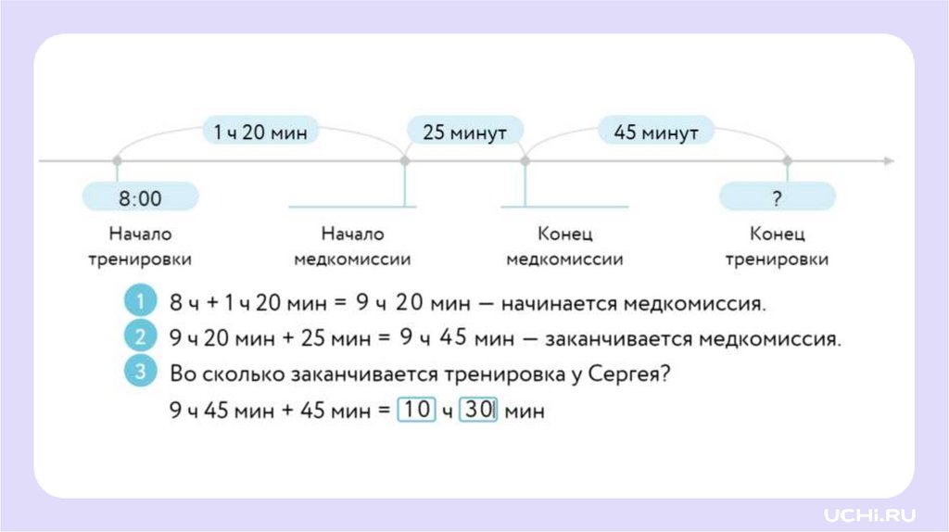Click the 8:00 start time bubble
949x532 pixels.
point(140,197)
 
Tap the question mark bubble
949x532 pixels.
point(778,197)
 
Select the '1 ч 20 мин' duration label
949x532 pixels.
point(253,133)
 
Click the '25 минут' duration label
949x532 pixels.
point(464,133)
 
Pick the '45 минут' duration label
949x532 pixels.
point(656,133)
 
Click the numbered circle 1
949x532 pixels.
point(140,301)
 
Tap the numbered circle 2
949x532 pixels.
point(140,336)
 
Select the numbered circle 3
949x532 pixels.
point(140,372)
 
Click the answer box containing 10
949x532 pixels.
point(417,409)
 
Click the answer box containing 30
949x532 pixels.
point(478,409)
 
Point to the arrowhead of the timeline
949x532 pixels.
point(889,161)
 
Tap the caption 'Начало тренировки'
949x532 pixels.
point(140,247)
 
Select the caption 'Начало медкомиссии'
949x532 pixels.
point(352,247)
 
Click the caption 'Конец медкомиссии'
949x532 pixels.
point(564,247)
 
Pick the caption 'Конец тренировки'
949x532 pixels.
point(777,247)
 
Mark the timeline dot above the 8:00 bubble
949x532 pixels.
point(117,161)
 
